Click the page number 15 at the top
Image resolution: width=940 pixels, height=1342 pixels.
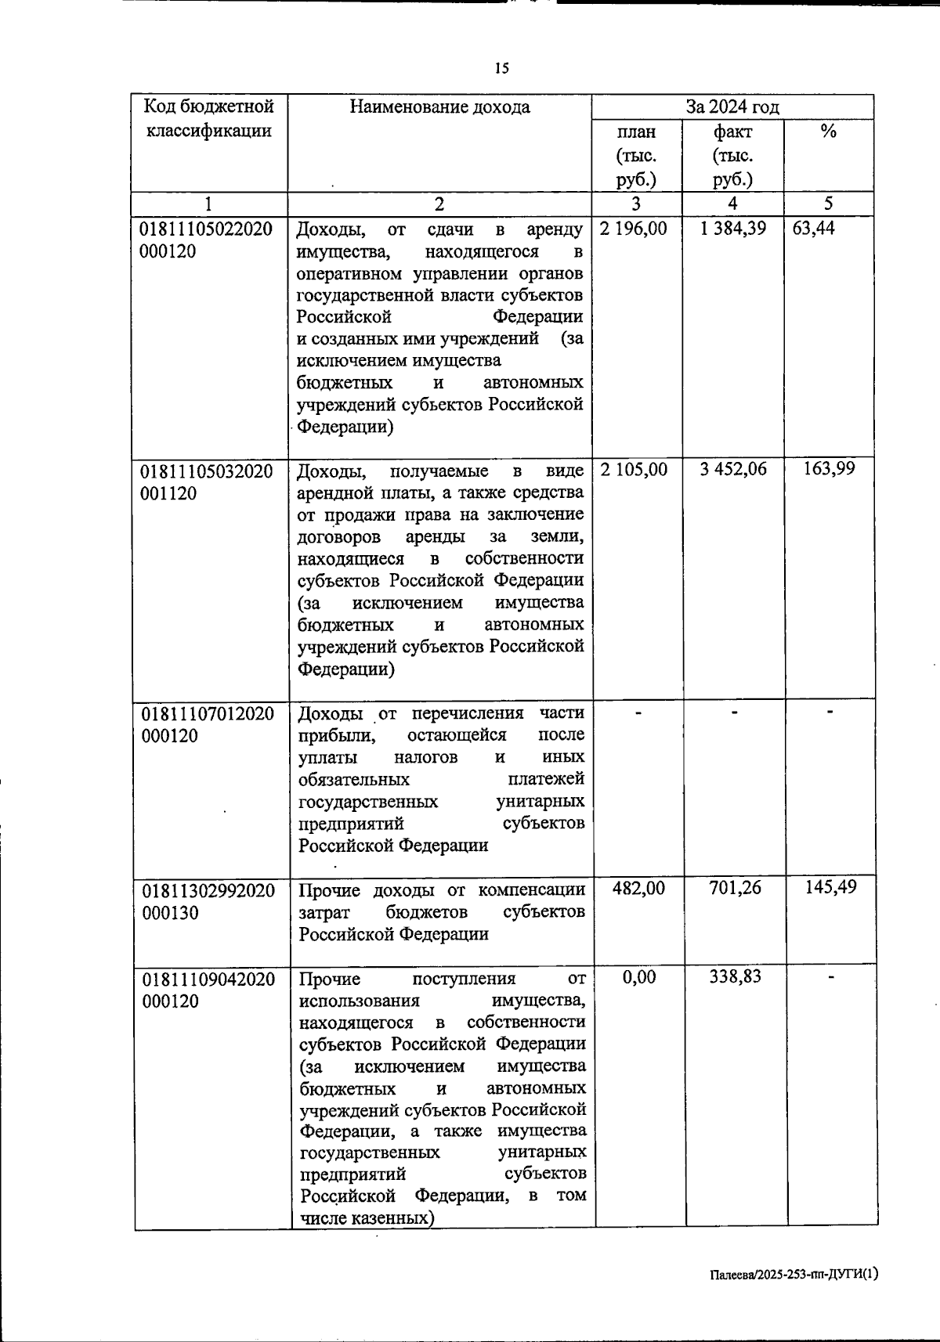coord(502,69)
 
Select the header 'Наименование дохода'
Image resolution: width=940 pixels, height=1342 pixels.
coord(439,107)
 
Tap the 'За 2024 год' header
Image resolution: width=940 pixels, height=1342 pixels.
coord(732,107)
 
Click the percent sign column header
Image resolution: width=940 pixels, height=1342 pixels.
coord(828,132)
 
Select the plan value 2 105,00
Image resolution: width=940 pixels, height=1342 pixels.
coord(634,469)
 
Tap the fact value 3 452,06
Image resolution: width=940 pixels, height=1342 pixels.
coord(734,469)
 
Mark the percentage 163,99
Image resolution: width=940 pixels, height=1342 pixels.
coord(830,469)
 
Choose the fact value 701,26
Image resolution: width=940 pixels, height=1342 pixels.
coord(735,888)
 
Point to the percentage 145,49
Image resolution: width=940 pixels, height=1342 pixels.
coord(830,887)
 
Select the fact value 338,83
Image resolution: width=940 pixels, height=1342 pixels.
coord(735,976)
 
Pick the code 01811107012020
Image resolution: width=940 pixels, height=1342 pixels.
coord(208,714)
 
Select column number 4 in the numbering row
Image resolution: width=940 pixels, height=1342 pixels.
coord(732,204)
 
